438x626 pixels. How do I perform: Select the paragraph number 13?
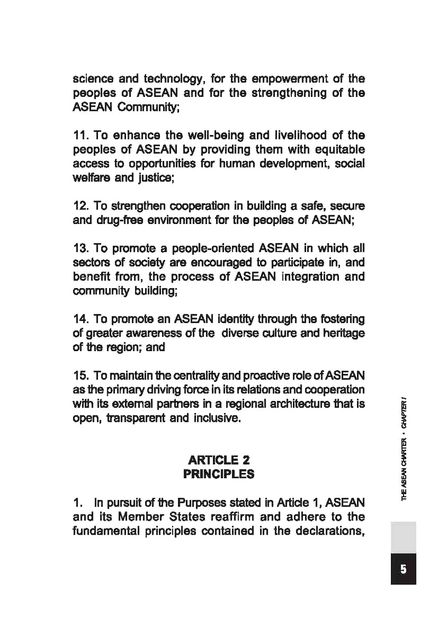[x=80, y=250]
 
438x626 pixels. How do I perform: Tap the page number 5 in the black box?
[x=403, y=569]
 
